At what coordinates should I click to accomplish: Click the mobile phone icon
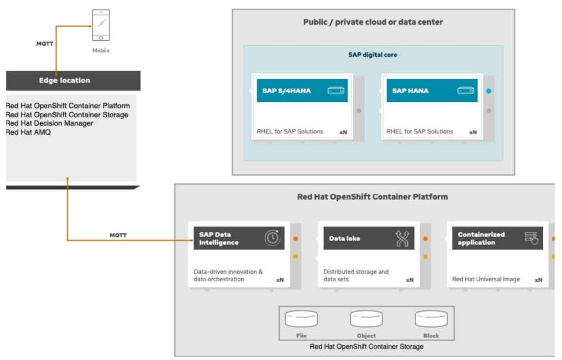(100, 25)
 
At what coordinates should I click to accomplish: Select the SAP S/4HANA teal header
(302, 91)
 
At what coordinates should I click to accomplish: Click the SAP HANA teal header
(432, 91)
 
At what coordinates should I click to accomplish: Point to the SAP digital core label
(373, 55)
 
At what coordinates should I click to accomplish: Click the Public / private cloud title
(373, 22)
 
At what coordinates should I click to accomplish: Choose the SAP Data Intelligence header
(238, 238)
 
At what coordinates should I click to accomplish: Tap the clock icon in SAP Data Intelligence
(272, 238)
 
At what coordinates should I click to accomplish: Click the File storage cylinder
(301, 319)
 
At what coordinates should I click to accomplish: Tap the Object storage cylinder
(366, 319)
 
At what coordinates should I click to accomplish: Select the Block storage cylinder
(431, 319)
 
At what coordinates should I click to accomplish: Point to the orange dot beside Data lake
(425, 239)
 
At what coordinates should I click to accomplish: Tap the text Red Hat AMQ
(29, 132)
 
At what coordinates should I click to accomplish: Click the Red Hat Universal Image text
(485, 279)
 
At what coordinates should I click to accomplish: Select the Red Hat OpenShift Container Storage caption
(367, 346)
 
